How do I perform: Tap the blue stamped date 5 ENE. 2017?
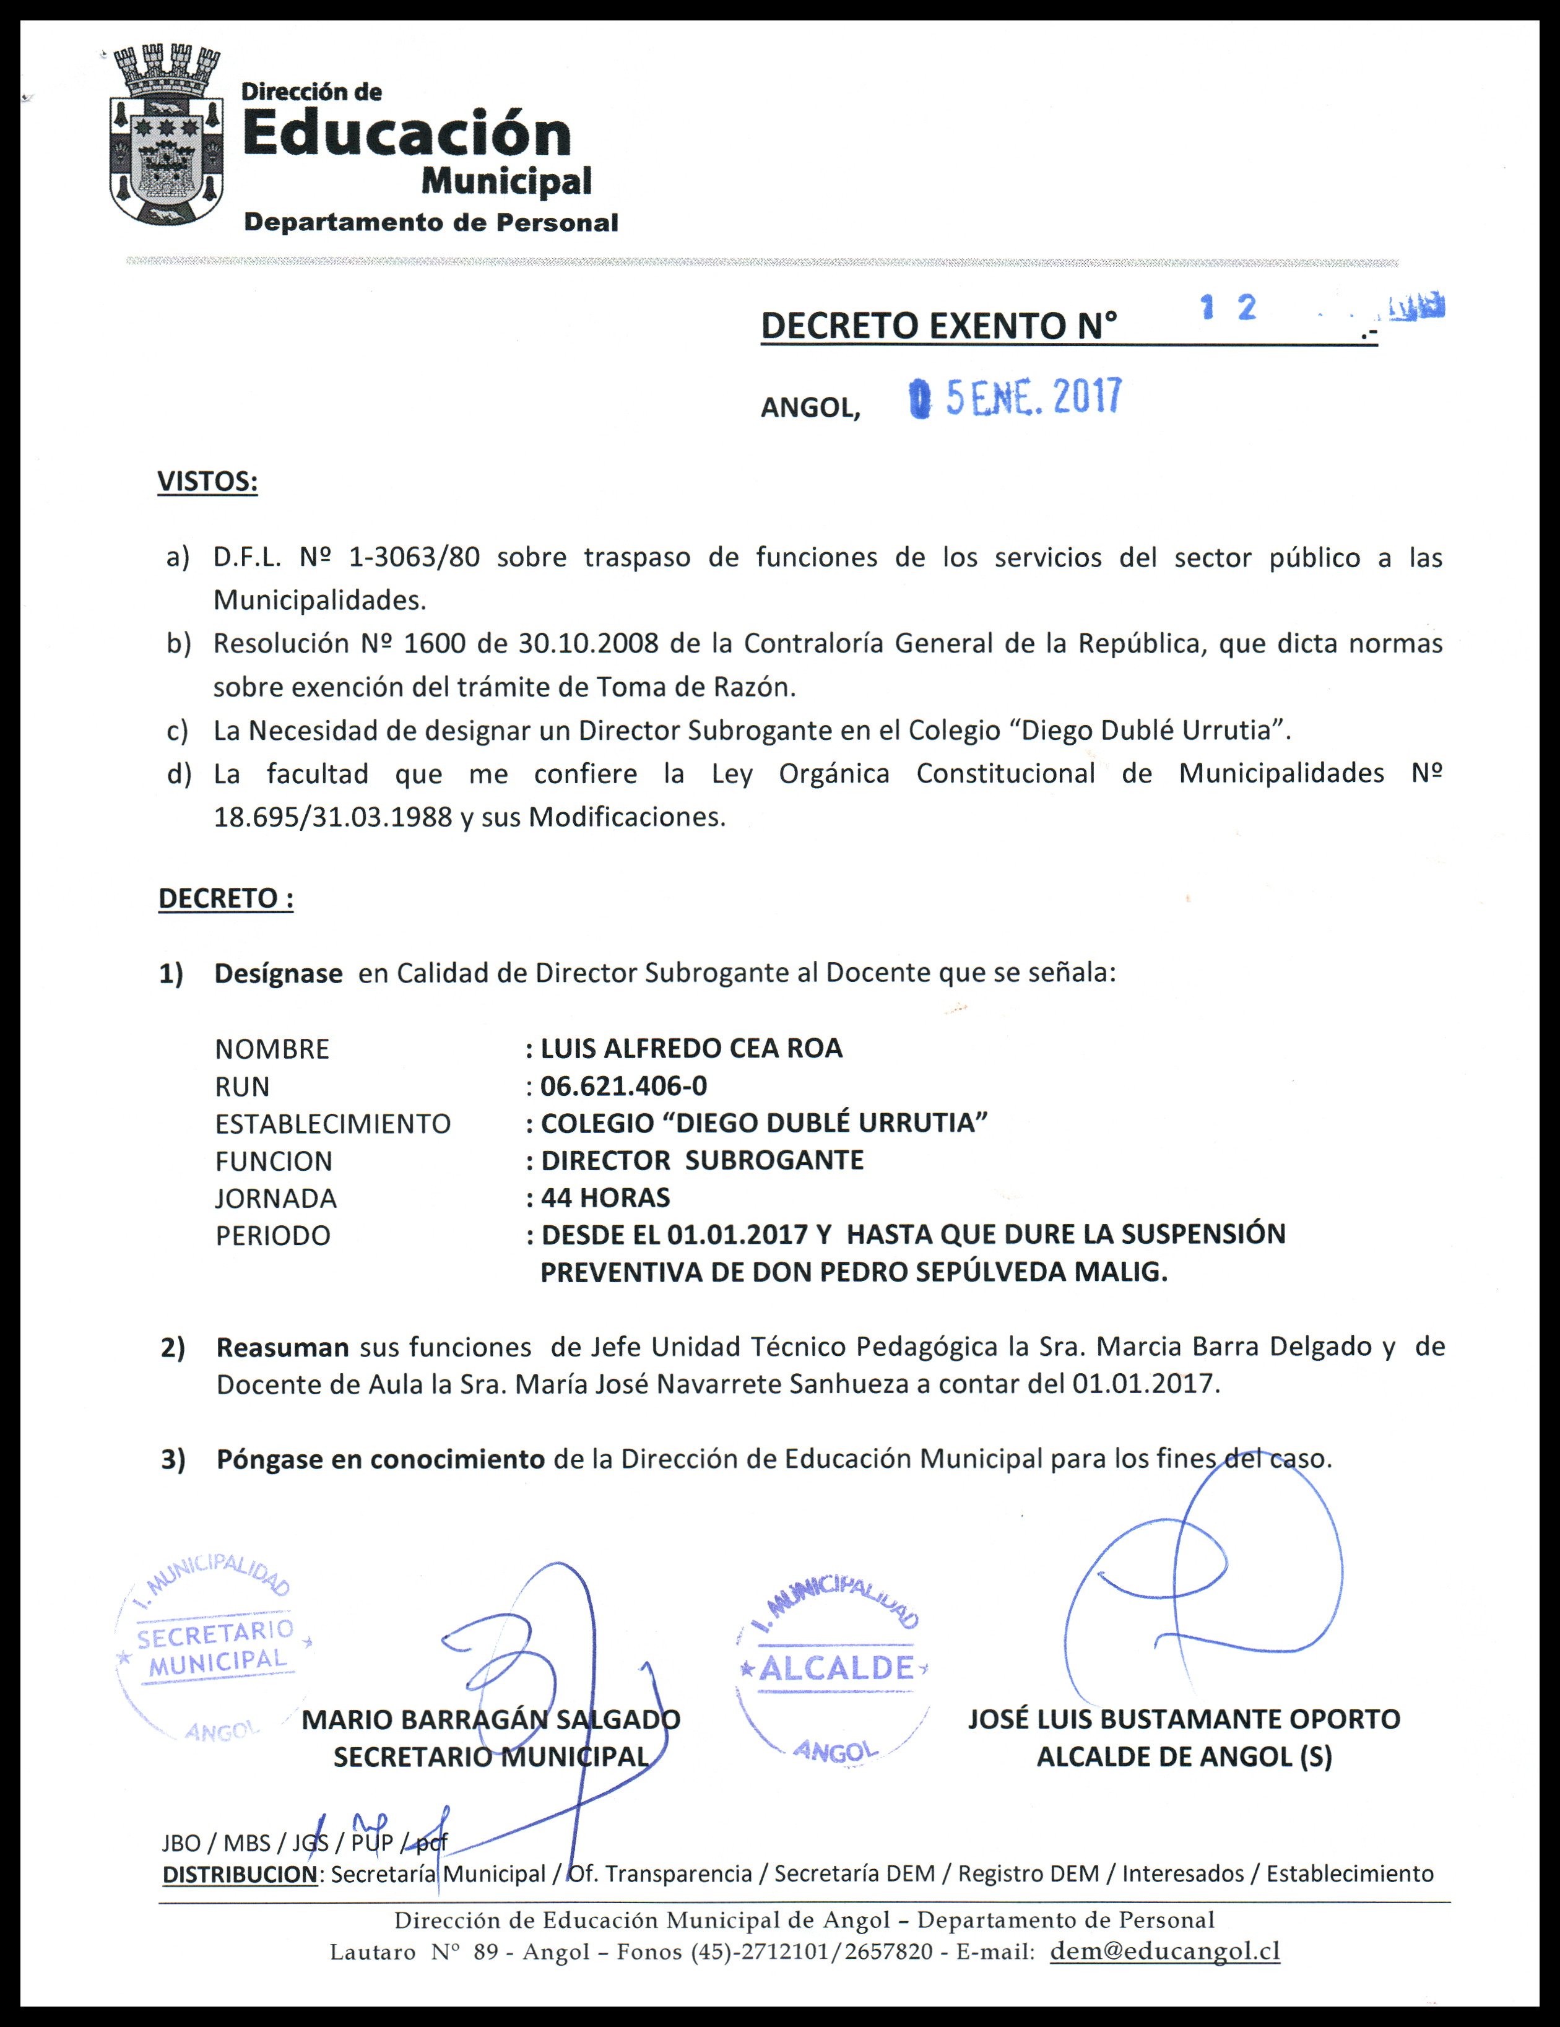pos(1017,398)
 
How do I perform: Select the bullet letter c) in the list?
pos(177,731)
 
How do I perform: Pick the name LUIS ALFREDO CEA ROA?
pos(691,1049)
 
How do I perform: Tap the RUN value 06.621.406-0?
pos(623,1086)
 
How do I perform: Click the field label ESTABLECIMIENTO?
pos(332,1124)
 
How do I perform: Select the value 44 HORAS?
pos(605,1198)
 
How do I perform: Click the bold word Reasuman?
pos(282,1347)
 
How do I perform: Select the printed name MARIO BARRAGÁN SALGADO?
pos(491,1719)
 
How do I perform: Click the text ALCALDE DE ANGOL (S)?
pos(1184,1757)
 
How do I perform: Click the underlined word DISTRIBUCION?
pos(240,1874)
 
